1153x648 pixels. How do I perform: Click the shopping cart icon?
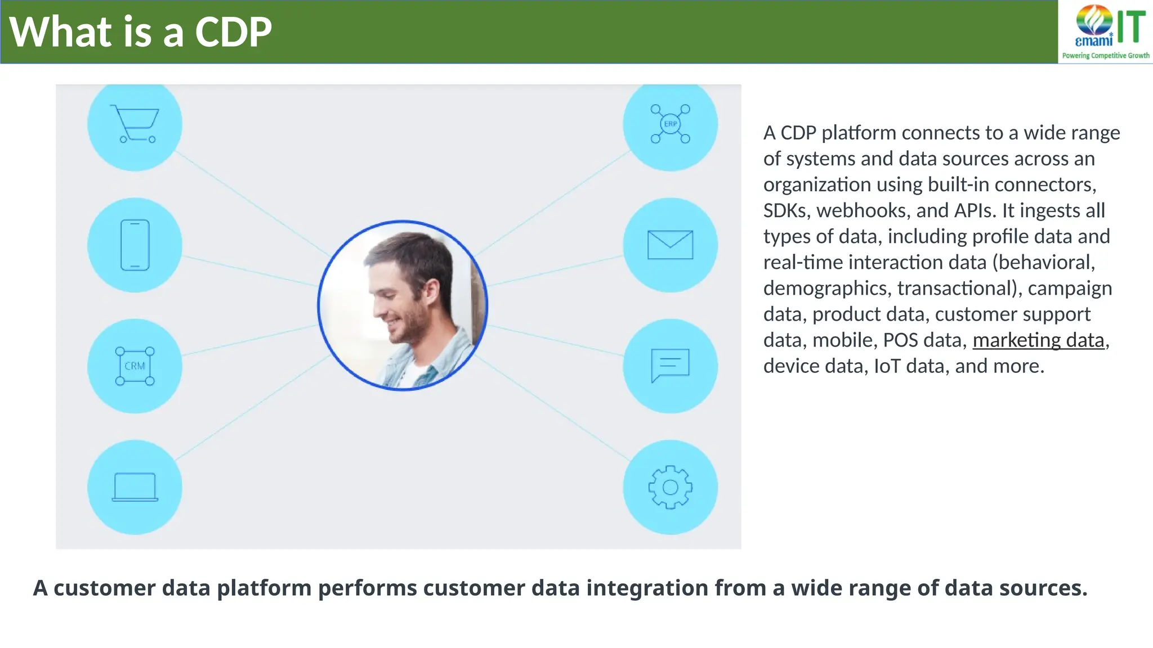click(x=135, y=124)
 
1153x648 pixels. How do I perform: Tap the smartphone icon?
click(x=135, y=245)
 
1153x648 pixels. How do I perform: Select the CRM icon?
click(x=135, y=366)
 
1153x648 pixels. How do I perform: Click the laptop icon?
click(x=135, y=487)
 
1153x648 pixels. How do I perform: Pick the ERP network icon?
click(x=670, y=124)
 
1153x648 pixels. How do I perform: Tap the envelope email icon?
click(x=670, y=245)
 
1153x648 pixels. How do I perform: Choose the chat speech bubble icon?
click(x=670, y=366)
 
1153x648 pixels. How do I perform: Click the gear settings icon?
click(x=670, y=487)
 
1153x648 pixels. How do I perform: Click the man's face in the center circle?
click(x=403, y=298)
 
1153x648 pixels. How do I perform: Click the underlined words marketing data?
click(x=1038, y=340)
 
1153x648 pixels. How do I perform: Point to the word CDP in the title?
click(x=233, y=32)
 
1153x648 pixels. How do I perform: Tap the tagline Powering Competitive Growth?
click(x=1106, y=56)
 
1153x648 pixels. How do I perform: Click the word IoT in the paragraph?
click(x=887, y=366)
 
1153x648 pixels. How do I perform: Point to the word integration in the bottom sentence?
click(x=647, y=588)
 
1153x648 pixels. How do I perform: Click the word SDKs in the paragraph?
click(x=786, y=211)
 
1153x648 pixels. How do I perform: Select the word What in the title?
click(x=61, y=32)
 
